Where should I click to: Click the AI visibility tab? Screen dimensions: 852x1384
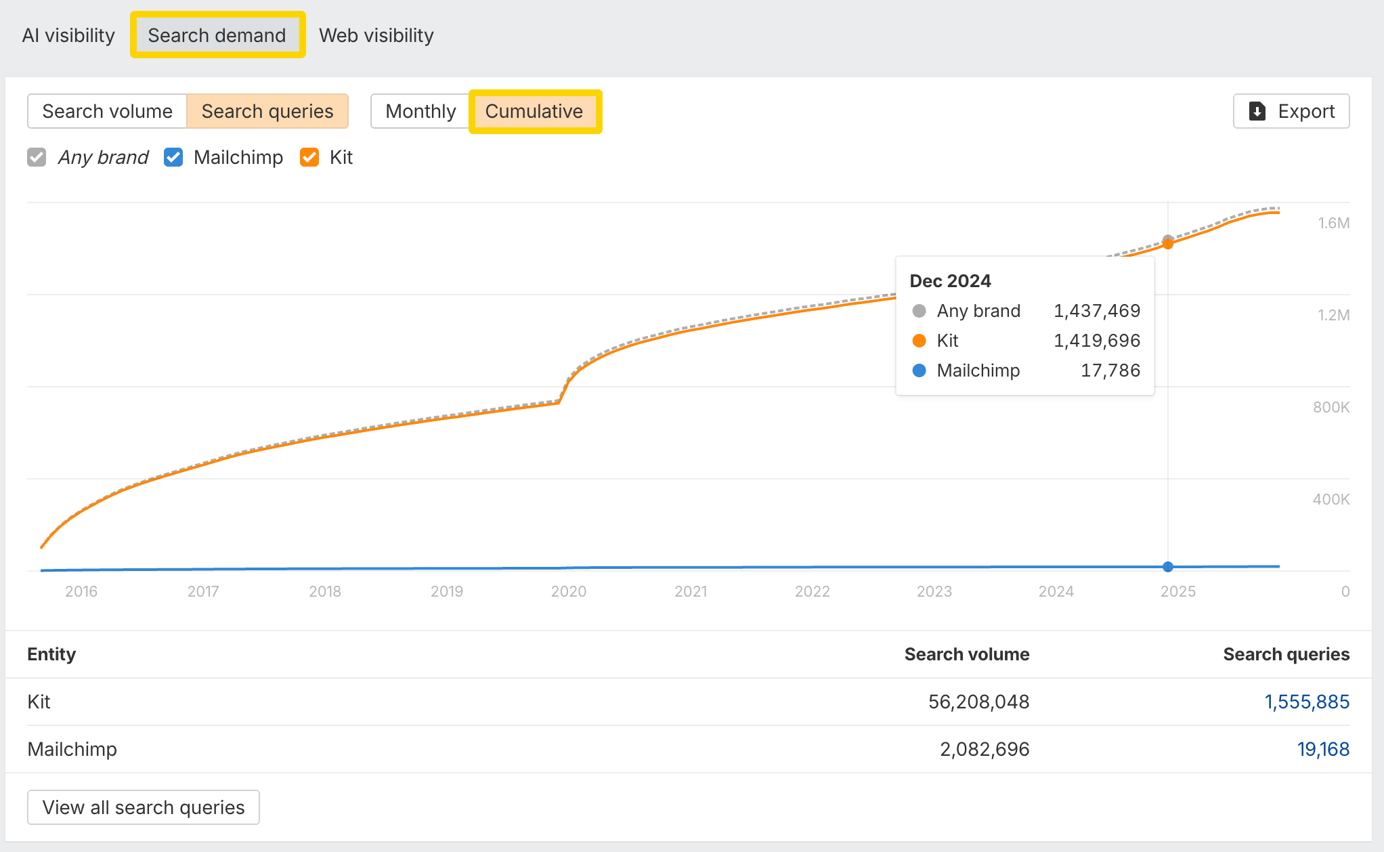click(x=68, y=35)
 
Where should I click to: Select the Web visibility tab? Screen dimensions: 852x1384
click(x=376, y=35)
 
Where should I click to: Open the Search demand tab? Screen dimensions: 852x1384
click(x=217, y=35)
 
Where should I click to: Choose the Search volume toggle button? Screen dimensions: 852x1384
click(x=107, y=111)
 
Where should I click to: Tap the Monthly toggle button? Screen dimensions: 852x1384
click(x=420, y=111)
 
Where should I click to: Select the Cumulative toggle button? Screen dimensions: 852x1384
click(x=534, y=111)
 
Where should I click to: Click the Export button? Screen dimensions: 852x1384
click(x=1291, y=111)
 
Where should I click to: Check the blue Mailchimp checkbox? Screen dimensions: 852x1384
click(x=173, y=157)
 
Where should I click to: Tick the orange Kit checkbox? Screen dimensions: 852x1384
click(x=309, y=157)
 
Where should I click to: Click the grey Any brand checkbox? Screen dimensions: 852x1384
click(x=37, y=157)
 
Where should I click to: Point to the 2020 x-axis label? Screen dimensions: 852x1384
click(x=569, y=591)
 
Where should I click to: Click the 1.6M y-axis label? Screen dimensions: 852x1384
click(x=1333, y=223)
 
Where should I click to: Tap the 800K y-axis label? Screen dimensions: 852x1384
click(x=1331, y=407)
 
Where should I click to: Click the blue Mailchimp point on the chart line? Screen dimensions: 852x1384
click(x=1168, y=567)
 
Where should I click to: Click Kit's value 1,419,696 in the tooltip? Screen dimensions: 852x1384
click(x=1097, y=341)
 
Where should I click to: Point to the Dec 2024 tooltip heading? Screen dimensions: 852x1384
click(x=950, y=281)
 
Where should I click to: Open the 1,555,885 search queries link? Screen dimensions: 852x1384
click(x=1307, y=702)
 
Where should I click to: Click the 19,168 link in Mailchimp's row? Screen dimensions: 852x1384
click(x=1323, y=749)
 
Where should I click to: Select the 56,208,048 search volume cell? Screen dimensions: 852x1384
click(x=978, y=702)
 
